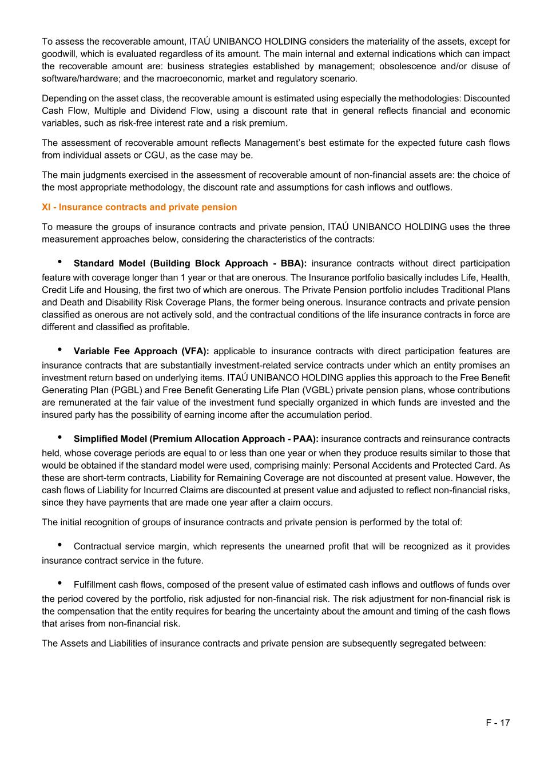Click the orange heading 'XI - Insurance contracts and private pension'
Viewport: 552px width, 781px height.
coord(139,207)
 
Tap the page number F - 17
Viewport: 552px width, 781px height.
coord(498,723)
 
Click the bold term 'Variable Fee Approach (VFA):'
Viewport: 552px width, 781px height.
coord(141,351)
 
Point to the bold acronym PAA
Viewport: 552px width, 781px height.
coord(304,439)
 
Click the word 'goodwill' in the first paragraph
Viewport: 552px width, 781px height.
coord(59,54)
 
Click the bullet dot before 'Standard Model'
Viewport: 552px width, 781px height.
coord(59,262)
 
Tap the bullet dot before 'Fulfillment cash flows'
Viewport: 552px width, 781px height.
coord(59,584)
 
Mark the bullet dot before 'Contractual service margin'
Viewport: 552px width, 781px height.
coord(59,545)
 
